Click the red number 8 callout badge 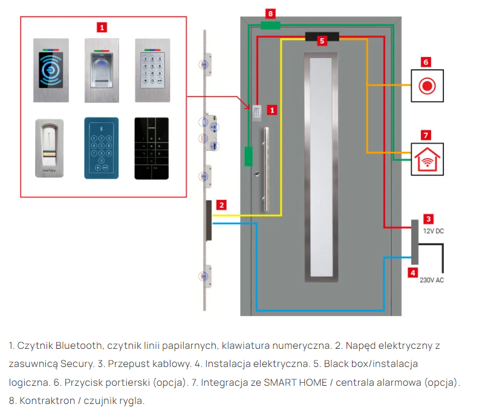[271, 12]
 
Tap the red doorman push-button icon [427, 85]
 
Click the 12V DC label [432, 231]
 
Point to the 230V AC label [431, 280]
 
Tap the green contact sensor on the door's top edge [270, 25]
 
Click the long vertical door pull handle [265, 170]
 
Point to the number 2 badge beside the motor [222, 205]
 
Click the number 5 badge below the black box [322, 41]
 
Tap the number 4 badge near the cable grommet [412, 273]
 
